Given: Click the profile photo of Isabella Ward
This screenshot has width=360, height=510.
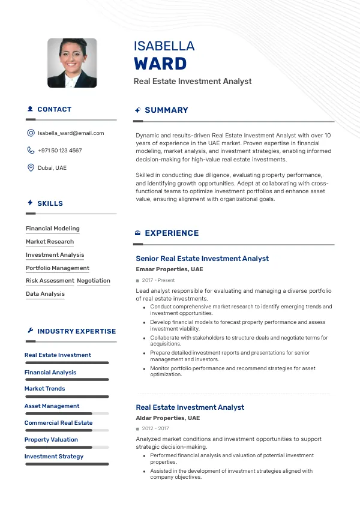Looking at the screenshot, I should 72,63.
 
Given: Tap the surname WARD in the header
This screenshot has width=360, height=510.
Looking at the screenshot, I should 160,64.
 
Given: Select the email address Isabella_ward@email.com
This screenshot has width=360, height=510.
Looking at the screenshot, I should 71,133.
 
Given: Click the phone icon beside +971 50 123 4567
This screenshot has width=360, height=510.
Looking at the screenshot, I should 31,151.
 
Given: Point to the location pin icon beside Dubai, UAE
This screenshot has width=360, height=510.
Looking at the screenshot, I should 31,168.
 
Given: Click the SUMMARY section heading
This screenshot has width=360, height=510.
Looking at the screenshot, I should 166,110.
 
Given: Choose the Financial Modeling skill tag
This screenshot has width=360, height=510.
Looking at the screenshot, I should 53,229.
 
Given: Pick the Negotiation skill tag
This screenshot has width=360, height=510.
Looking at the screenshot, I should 94,281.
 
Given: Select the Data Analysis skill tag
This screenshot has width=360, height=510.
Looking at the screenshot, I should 45,294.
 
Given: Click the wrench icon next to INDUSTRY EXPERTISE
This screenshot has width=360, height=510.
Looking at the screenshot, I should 31,331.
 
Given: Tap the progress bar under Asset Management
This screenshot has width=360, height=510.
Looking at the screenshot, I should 67,413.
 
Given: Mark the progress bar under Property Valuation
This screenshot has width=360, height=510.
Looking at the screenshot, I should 67,447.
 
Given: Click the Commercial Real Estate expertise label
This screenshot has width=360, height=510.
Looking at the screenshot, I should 58,423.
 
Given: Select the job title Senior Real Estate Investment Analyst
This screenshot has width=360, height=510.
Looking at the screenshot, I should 202,259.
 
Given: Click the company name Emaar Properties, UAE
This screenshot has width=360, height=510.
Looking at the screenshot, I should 169,270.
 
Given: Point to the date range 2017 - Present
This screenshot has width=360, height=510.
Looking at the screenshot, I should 158,281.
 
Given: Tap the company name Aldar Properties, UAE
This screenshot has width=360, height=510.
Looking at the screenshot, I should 167,418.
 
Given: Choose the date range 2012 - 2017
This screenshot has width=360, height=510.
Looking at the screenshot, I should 155,429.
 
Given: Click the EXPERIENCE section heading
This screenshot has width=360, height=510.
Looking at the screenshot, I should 172,233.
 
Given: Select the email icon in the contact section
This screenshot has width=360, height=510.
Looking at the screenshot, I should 31,133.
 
